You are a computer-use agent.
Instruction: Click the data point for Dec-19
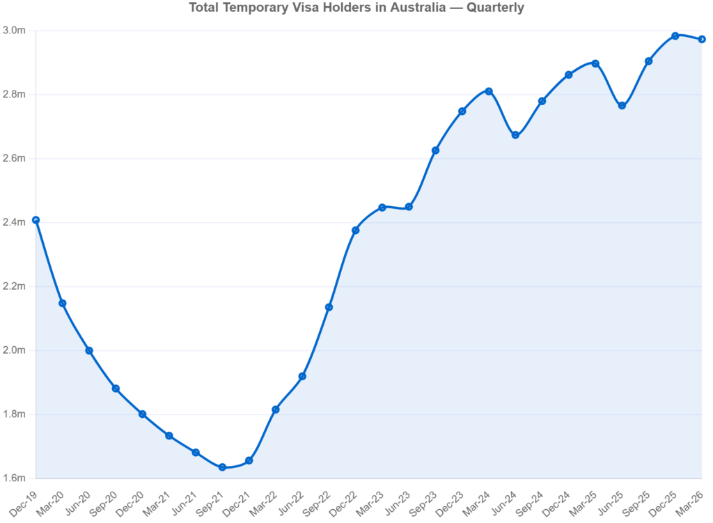(36, 219)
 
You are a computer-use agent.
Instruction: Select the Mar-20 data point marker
(63, 303)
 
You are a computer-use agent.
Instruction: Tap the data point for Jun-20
(89, 350)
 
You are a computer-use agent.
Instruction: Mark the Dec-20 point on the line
(143, 414)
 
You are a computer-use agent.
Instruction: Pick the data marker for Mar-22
(275, 409)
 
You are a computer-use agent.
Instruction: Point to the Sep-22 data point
(328, 306)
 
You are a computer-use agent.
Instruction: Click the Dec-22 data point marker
(354, 228)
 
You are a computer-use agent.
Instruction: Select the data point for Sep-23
(434, 150)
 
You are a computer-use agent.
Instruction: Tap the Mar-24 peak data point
(489, 91)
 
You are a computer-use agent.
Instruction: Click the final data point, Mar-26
(702, 39)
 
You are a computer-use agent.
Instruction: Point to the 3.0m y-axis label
(14, 31)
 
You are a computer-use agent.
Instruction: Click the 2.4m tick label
(14, 222)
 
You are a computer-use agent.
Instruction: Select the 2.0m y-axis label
(14, 350)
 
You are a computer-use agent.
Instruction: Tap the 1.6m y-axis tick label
(14, 478)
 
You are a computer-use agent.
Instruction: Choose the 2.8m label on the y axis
(14, 95)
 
